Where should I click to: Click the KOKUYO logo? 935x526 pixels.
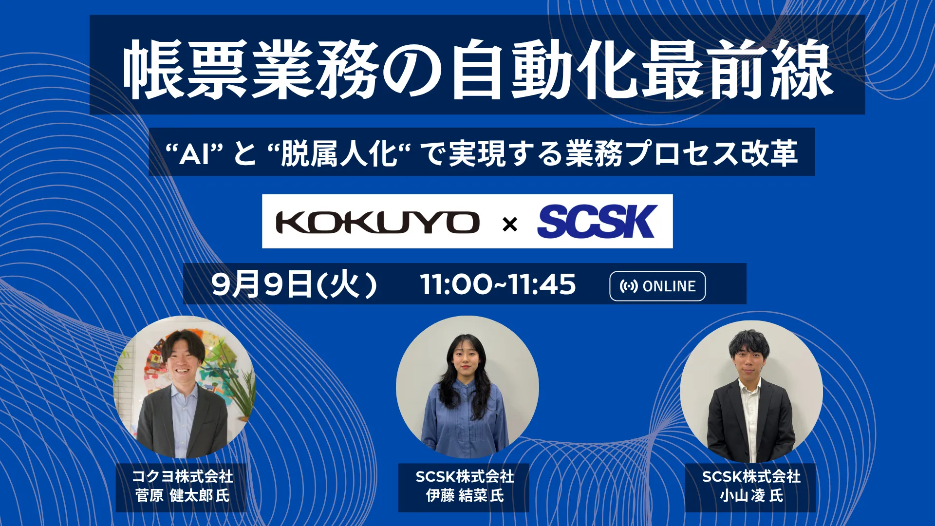[377, 222]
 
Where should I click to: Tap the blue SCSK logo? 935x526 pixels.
[598, 222]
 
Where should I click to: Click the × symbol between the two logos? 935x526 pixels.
[510, 225]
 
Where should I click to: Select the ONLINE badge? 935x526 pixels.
[657, 286]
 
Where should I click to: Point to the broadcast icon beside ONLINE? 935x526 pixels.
[629, 286]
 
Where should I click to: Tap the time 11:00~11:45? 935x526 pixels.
[498, 284]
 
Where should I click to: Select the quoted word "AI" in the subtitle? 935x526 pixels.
[194, 154]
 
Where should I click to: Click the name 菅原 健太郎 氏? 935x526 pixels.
[182, 495]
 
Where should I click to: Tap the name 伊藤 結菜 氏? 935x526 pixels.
[465, 495]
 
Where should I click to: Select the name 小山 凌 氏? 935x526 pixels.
[751, 495]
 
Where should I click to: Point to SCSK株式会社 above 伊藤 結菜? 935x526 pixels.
[465, 476]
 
